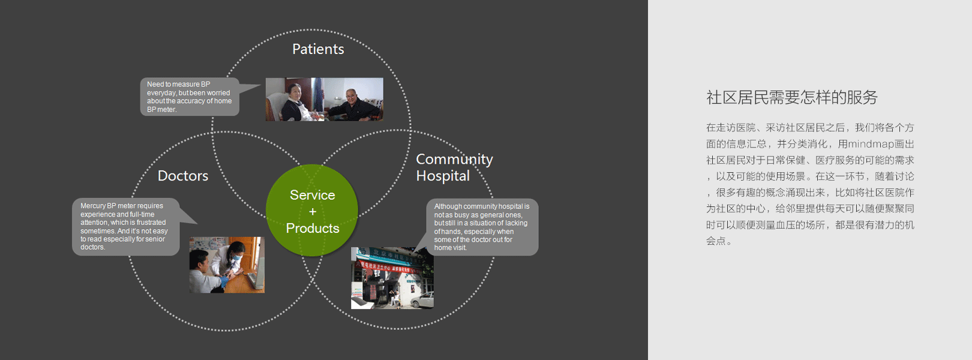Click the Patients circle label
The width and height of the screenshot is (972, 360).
318,49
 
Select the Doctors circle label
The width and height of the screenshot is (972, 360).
183,176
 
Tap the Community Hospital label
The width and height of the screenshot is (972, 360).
454,167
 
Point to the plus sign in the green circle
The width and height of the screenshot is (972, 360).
313,212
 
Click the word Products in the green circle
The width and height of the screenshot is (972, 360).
313,229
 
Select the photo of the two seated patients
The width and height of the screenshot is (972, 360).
324,100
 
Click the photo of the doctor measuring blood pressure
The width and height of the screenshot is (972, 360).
227,265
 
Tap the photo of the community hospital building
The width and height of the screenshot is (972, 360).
392,278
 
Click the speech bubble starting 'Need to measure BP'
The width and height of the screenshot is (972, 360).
189,97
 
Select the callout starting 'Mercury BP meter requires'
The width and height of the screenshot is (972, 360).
125,226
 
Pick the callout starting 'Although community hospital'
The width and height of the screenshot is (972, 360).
482,227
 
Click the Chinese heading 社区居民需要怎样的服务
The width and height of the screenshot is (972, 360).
792,97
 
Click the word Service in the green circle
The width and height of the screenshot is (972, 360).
313,195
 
